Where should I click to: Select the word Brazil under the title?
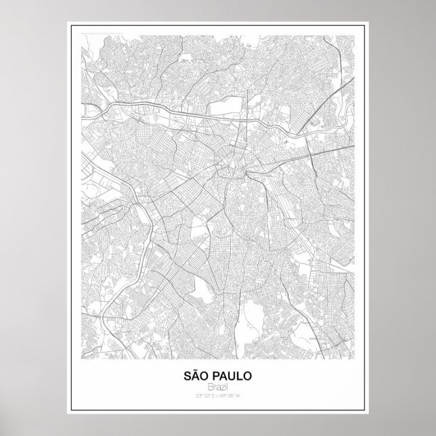218,385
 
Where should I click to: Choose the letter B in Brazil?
210,385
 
